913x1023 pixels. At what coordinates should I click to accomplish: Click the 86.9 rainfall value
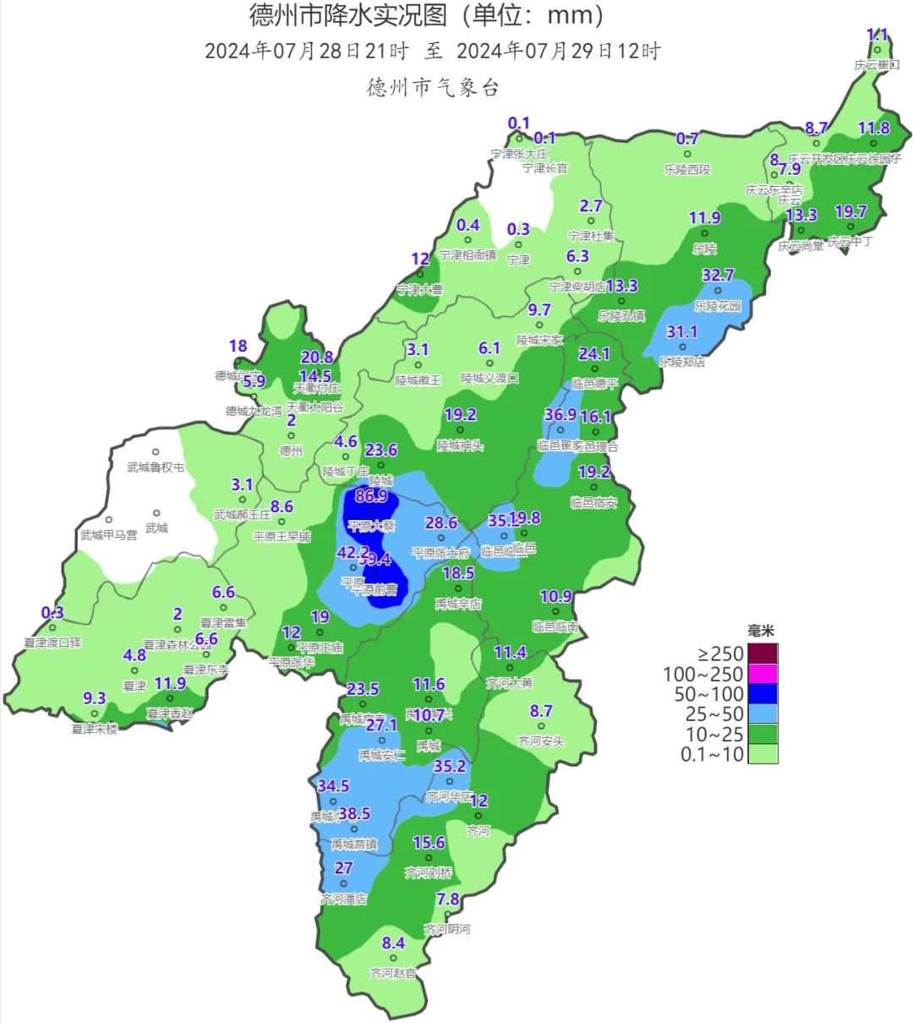tap(371, 496)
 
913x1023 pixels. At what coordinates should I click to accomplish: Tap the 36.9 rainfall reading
tap(560, 414)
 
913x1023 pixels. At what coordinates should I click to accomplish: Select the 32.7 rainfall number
tap(718, 276)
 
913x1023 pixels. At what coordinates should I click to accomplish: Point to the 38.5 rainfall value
tap(354, 814)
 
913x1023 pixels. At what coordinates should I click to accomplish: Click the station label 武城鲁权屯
tap(156, 468)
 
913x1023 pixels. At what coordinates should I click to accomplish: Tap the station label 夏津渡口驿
tap(52, 643)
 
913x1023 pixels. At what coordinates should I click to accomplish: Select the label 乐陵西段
tap(687, 169)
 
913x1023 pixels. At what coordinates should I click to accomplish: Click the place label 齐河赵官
tap(393, 973)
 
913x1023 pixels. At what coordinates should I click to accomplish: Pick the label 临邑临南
tap(555, 626)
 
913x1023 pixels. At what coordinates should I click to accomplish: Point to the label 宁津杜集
tap(591, 236)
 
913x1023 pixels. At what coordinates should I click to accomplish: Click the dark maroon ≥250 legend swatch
tap(763, 654)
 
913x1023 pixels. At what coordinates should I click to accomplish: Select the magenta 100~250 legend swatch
tap(763, 674)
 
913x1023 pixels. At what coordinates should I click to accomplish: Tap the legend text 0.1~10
tap(712, 754)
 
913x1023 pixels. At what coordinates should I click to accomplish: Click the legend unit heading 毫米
tap(761, 632)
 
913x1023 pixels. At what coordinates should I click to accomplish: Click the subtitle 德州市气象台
tap(433, 87)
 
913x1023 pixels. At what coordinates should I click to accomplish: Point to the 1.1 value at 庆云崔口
tap(877, 36)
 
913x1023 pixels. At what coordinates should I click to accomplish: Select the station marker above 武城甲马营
tap(108, 520)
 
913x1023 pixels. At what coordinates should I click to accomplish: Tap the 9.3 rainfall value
tap(95, 698)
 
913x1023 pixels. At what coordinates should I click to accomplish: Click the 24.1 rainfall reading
tap(594, 353)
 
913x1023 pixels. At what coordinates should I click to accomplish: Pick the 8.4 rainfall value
tap(393, 944)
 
